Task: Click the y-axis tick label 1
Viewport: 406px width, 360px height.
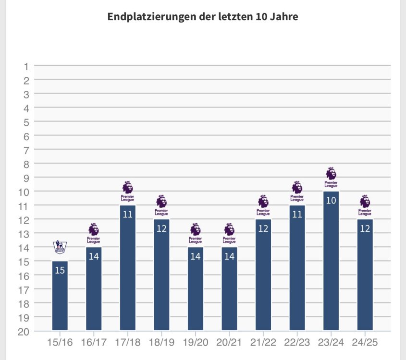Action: pyautogui.click(x=26, y=66)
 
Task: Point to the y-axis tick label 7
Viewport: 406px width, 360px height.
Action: pyautogui.click(x=26, y=150)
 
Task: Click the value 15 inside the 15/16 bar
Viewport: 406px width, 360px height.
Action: pyautogui.click(x=60, y=270)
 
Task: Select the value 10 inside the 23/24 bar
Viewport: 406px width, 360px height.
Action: pyautogui.click(x=331, y=200)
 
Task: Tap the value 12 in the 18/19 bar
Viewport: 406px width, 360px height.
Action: pyautogui.click(x=161, y=228)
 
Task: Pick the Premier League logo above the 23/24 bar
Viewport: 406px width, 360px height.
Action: pyautogui.click(x=331, y=177)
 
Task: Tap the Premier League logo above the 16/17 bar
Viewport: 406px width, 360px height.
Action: pyautogui.click(x=94, y=233)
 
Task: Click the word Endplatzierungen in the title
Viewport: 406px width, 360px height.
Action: pyautogui.click(x=145, y=17)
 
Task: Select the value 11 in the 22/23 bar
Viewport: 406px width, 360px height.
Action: pyautogui.click(x=297, y=215)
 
